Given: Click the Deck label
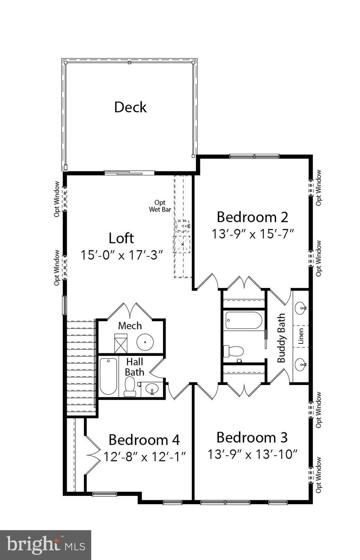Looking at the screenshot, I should click(130, 107).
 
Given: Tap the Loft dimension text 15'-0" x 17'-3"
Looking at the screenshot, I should click(121, 255).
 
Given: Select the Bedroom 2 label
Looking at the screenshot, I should click(252, 217).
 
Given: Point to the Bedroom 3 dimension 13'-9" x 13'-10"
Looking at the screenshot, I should click(252, 455).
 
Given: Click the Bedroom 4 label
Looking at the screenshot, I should click(144, 440).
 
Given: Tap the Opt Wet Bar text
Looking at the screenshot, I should click(160, 206).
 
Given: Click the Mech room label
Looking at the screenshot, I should click(130, 326).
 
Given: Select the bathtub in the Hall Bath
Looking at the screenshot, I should click(108, 377).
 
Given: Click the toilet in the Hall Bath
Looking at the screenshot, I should click(130, 387).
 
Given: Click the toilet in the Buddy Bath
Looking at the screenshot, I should click(233, 351).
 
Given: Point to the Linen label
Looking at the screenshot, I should click(301, 336).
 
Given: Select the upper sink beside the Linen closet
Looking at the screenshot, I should click(301, 308).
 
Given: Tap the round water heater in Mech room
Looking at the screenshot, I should click(145, 342).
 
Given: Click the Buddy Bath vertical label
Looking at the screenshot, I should click(281, 338).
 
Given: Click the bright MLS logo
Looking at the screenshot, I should click(45, 545).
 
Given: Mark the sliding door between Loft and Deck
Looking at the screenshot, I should click(129, 173).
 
